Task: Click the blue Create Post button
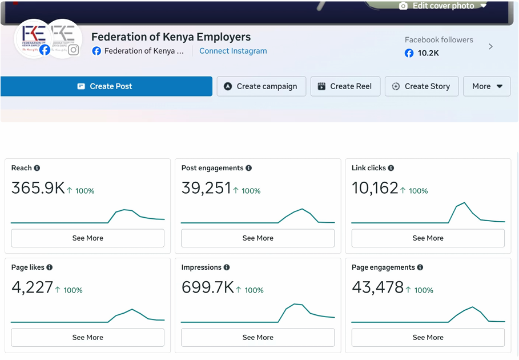(106, 86)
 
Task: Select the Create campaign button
(261, 86)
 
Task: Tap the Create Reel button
(345, 86)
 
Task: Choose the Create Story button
(422, 86)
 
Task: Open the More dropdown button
(487, 86)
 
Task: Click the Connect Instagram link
(233, 51)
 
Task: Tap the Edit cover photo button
(442, 6)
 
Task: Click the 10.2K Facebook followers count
(428, 53)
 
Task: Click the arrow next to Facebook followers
(490, 47)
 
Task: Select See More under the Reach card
(88, 238)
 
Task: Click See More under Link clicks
(428, 238)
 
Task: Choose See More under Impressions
(258, 338)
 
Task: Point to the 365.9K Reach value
(38, 188)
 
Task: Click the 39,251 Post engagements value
(206, 188)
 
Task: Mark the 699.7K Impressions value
(208, 287)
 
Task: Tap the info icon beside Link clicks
(391, 168)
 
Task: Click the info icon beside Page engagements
(420, 267)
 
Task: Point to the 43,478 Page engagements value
(377, 287)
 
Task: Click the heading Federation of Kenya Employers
(171, 37)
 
